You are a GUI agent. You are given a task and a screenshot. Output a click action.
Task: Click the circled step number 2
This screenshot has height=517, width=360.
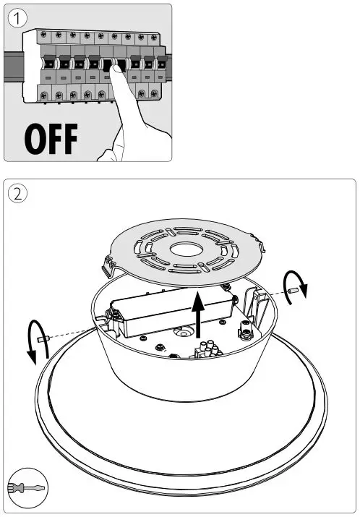coord(18,194)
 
